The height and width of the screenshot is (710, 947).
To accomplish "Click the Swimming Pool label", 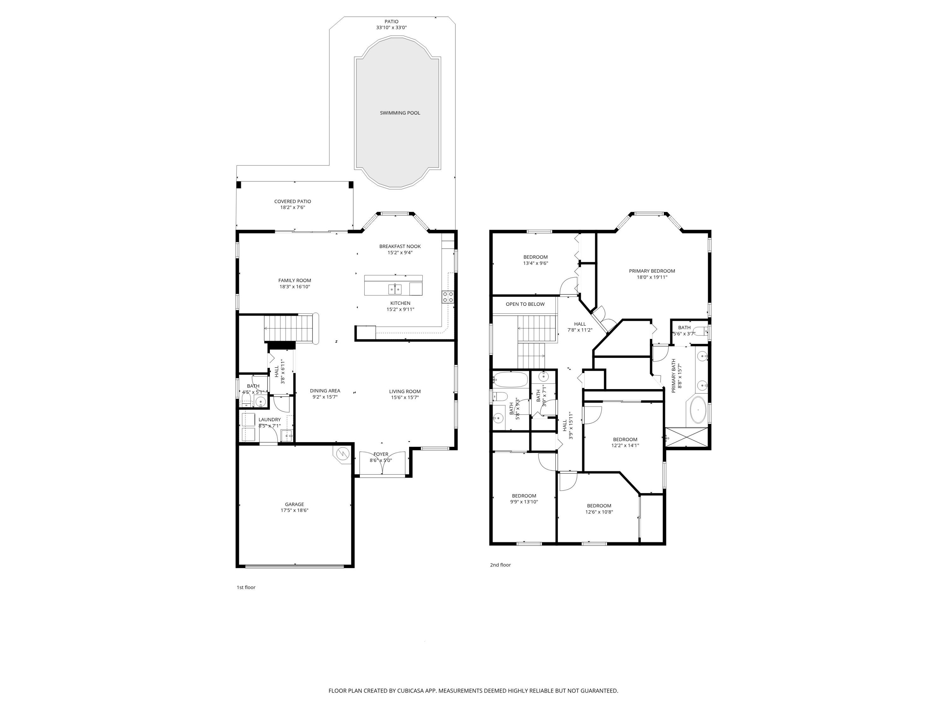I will pyautogui.click(x=400, y=113).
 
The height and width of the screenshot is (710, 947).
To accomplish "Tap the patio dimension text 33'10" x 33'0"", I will pyautogui.click(x=391, y=27).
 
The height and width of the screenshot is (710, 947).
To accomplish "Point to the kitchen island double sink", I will pyautogui.click(x=395, y=290).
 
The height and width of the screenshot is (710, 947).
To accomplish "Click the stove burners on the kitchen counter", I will pyautogui.click(x=448, y=297).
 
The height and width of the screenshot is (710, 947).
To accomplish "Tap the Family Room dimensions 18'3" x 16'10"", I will pyautogui.click(x=295, y=287).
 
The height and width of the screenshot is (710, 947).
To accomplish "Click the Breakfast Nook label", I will pyautogui.click(x=400, y=246).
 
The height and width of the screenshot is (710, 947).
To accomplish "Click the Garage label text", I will pyautogui.click(x=294, y=504).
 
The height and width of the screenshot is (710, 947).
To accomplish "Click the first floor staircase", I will pyautogui.click(x=289, y=328).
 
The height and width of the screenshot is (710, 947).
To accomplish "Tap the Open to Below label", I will pyautogui.click(x=525, y=304).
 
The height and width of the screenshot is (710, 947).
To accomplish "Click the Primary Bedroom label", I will pyautogui.click(x=652, y=271).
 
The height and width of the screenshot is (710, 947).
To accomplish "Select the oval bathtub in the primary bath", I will pyautogui.click(x=698, y=410).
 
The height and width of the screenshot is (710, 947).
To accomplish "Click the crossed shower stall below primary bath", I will pyautogui.click(x=686, y=437).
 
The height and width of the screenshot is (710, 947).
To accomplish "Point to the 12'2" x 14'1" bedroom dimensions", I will pyautogui.click(x=625, y=446).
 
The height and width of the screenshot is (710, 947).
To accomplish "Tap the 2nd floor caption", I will pyautogui.click(x=500, y=565).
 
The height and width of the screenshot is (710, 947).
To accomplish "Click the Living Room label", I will pyautogui.click(x=405, y=391).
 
